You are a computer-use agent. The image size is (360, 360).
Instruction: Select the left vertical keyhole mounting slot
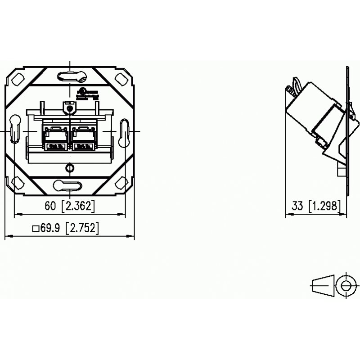click(x=15, y=130)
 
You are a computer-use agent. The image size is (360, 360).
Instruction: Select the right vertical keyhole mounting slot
click(x=125, y=131)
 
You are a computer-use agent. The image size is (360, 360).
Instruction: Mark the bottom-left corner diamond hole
click(x=19, y=183)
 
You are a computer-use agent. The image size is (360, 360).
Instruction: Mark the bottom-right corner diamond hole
click(x=121, y=183)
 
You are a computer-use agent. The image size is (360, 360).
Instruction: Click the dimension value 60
click(x=51, y=207)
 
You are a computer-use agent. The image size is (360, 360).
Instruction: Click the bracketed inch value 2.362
click(x=78, y=207)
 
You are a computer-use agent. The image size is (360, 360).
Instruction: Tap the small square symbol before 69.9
click(x=35, y=229)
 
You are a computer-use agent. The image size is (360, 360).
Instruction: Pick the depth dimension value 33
click(x=297, y=207)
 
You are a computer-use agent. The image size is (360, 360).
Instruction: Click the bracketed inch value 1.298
click(x=324, y=207)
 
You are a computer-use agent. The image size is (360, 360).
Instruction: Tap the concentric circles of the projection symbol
click(x=346, y=285)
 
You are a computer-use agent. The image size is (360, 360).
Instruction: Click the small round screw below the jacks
click(x=69, y=168)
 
